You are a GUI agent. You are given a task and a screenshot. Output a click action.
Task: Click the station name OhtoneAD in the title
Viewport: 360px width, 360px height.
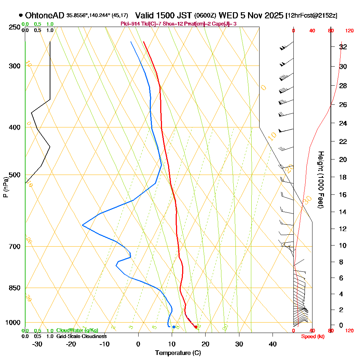(45, 15)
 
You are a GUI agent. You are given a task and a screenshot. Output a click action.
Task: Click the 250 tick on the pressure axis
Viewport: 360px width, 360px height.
(13, 27)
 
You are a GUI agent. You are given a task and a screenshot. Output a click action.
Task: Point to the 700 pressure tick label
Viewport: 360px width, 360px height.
(13, 247)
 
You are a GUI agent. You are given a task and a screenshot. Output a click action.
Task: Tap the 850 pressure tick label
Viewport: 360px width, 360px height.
(13, 288)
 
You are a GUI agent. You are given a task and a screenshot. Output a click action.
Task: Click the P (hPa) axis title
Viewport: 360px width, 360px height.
(5, 187)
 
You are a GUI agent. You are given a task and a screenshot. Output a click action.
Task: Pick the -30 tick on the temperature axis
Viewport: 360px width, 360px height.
(37, 344)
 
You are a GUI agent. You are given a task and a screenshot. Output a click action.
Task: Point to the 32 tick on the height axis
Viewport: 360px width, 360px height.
(343, 47)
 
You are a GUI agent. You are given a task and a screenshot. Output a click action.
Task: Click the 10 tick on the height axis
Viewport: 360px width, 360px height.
(343, 246)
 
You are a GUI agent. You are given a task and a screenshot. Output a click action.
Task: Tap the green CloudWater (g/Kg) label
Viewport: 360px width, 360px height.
(77, 330)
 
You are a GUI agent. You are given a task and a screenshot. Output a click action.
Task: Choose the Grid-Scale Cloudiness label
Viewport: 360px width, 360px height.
(81, 336)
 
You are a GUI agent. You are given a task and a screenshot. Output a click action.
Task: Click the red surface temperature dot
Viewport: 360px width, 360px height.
(195, 327)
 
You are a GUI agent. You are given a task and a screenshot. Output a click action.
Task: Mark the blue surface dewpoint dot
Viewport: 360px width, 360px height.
(174, 327)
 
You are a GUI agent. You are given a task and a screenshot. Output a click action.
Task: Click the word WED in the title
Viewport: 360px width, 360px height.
(227, 15)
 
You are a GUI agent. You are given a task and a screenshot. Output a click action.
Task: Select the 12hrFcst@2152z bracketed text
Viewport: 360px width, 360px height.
(311, 16)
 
